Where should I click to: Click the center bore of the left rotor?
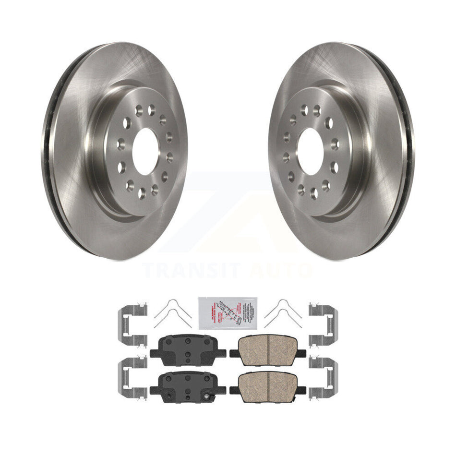pos(144,152)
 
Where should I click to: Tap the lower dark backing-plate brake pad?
pos(187,384)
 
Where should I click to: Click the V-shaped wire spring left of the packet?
pos(172,313)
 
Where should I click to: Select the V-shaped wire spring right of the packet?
pos(283,313)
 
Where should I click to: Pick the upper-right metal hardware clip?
pos(324,324)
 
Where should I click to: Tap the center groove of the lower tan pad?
pos(269,379)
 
